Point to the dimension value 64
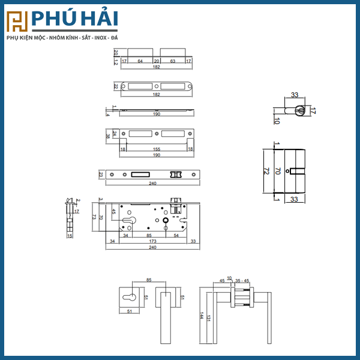point(140,61)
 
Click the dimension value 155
point(156,149)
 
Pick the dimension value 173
point(153,241)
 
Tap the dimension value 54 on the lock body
point(176,235)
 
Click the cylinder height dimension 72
point(265,172)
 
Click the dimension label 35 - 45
point(242,280)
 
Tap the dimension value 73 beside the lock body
point(95,217)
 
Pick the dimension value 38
point(108,137)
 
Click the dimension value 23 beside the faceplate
point(101,175)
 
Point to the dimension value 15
point(70,236)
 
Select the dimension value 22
point(115,86)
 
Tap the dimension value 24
point(114,133)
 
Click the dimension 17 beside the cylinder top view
point(313,111)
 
